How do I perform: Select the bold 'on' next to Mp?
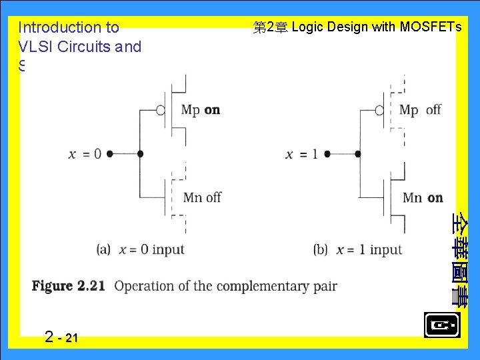click(x=212, y=110)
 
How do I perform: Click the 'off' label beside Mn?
click(x=213, y=197)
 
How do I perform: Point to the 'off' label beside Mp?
click(x=433, y=110)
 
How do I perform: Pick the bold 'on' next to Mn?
click(x=435, y=197)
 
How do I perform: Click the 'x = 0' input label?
click(x=85, y=154)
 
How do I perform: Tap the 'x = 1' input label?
click(x=302, y=154)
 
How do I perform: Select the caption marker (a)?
click(x=103, y=250)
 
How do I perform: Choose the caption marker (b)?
click(x=321, y=250)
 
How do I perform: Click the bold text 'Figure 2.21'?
click(x=69, y=286)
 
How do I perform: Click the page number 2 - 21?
click(x=61, y=337)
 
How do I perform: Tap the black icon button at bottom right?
click(x=441, y=325)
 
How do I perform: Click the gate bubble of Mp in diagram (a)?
click(x=161, y=110)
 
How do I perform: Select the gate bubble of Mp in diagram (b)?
click(x=379, y=110)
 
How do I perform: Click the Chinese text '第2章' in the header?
click(x=270, y=28)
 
